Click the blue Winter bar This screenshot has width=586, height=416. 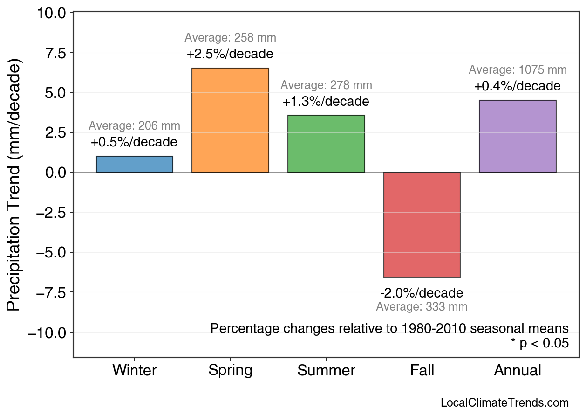(x=135, y=165)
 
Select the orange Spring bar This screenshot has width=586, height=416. (x=230, y=120)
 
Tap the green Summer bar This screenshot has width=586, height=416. (x=326, y=144)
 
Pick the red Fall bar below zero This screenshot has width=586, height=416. (x=422, y=225)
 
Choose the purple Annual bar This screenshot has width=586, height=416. (x=518, y=136)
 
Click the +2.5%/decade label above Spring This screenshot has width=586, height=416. (x=230, y=54)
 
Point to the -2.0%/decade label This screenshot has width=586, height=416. (x=422, y=293)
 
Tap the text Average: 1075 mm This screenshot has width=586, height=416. (x=518, y=70)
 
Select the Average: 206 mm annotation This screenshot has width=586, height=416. (x=134, y=126)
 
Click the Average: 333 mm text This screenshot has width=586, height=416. (x=422, y=307)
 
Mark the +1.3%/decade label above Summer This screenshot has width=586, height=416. (x=326, y=102)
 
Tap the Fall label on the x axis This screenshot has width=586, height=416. (x=422, y=371)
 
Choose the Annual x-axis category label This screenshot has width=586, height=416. (x=518, y=371)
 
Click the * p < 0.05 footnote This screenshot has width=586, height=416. (x=539, y=344)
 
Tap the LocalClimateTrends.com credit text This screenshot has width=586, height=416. (x=504, y=403)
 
